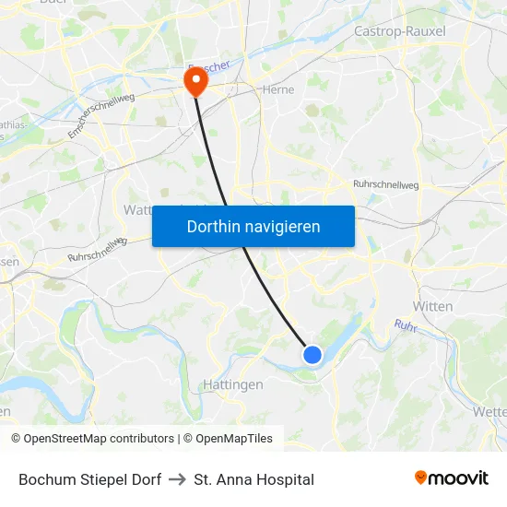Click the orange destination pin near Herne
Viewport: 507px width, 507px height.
(195, 82)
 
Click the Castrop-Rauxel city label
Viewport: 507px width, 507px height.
(399, 31)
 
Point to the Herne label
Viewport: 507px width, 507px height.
(277, 90)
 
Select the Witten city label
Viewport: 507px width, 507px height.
(432, 306)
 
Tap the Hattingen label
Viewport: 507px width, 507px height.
(231, 384)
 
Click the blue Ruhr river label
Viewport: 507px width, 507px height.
(406, 325)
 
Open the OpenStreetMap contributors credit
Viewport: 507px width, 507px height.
(92, 439)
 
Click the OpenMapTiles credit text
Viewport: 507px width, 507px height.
(228, 439)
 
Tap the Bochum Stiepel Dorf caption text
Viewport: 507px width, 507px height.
(89, 479)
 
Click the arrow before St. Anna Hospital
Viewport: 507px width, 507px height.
(177, 479)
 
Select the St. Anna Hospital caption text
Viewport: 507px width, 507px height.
(253, 479)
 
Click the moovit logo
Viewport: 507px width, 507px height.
(451, 478)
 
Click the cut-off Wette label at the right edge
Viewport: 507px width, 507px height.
(489, 411)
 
